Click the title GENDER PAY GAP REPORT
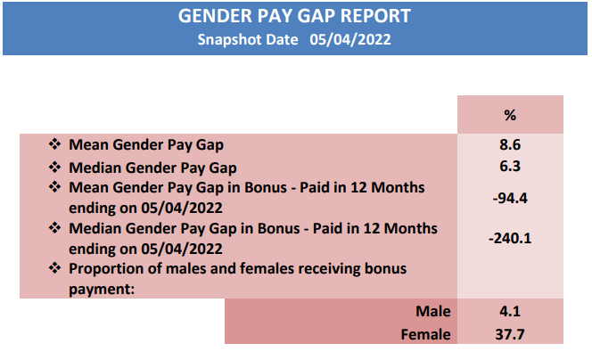click(x=294, y=16)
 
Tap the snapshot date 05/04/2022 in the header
click(x=350, y=39)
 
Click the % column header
click(x=510, y=115)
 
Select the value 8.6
click(x=510, y=144)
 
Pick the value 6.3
click(x=510, y=166)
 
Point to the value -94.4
click(x=510, y=198)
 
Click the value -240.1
click(x=510, y=238)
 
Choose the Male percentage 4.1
click(x=510, y=311)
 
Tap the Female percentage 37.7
click(x=510, y=334)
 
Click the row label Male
click(x=433, y=311)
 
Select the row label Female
click(x=425, y=334)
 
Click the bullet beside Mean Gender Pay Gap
click(x=54, y=143)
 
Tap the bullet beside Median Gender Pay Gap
click(x=54, y=167)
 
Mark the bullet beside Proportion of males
click(x=54, y=268)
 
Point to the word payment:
click(x=102, y=290)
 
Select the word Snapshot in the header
click(x=248, y=39)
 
